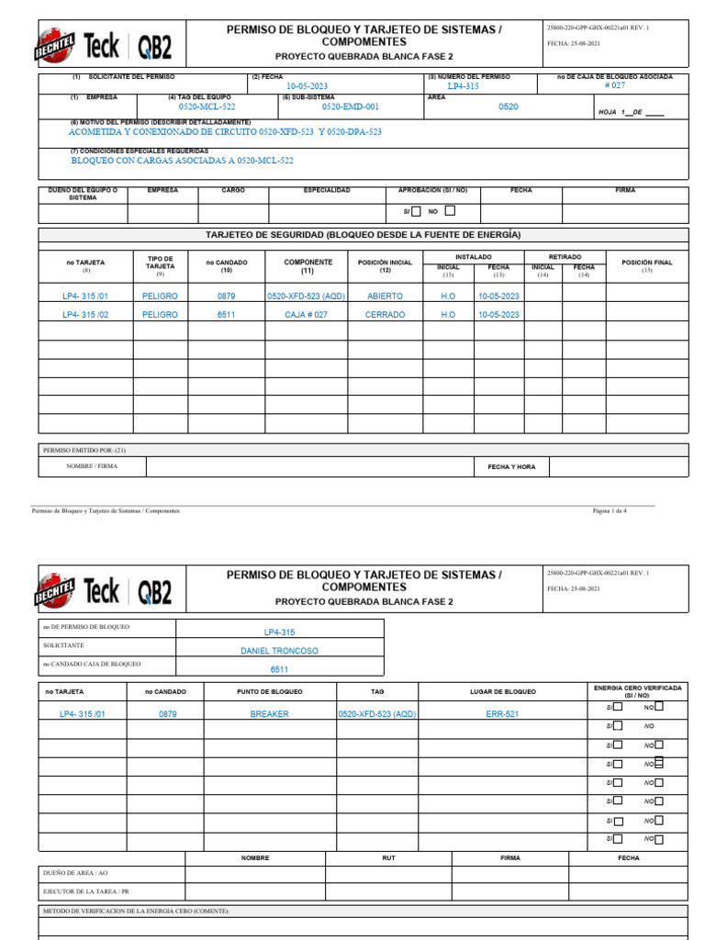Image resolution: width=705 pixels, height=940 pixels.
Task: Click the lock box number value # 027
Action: (x=614, y=85)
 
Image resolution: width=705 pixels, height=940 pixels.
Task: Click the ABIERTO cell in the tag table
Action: (x=385, y=297)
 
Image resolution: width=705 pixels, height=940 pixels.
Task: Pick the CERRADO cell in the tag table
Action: (x=385, y=314)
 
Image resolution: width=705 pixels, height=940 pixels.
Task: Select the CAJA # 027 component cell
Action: (x=308, y=314)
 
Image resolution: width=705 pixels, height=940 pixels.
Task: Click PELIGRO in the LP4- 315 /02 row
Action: (x=161, y=314)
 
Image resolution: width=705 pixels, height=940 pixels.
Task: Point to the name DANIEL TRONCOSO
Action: (x=279, y=651)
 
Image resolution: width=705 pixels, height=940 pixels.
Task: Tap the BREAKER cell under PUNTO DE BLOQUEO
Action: (x=270, y=713)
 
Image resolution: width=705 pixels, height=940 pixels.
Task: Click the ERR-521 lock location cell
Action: (x=502, y=713)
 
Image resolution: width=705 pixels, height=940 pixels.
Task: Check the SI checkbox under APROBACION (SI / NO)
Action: (x=417, y=211)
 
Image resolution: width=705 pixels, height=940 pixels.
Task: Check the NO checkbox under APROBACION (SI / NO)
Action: (x=450, y=211)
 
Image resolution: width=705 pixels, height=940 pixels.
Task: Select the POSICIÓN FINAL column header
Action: (x=646, y=263)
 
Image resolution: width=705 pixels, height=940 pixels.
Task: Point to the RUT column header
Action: (x=388, y=857)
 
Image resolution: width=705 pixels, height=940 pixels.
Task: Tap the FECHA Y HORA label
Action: (x=511, y=467)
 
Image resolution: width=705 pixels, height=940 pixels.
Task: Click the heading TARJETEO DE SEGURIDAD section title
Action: (x=363, y=235)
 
